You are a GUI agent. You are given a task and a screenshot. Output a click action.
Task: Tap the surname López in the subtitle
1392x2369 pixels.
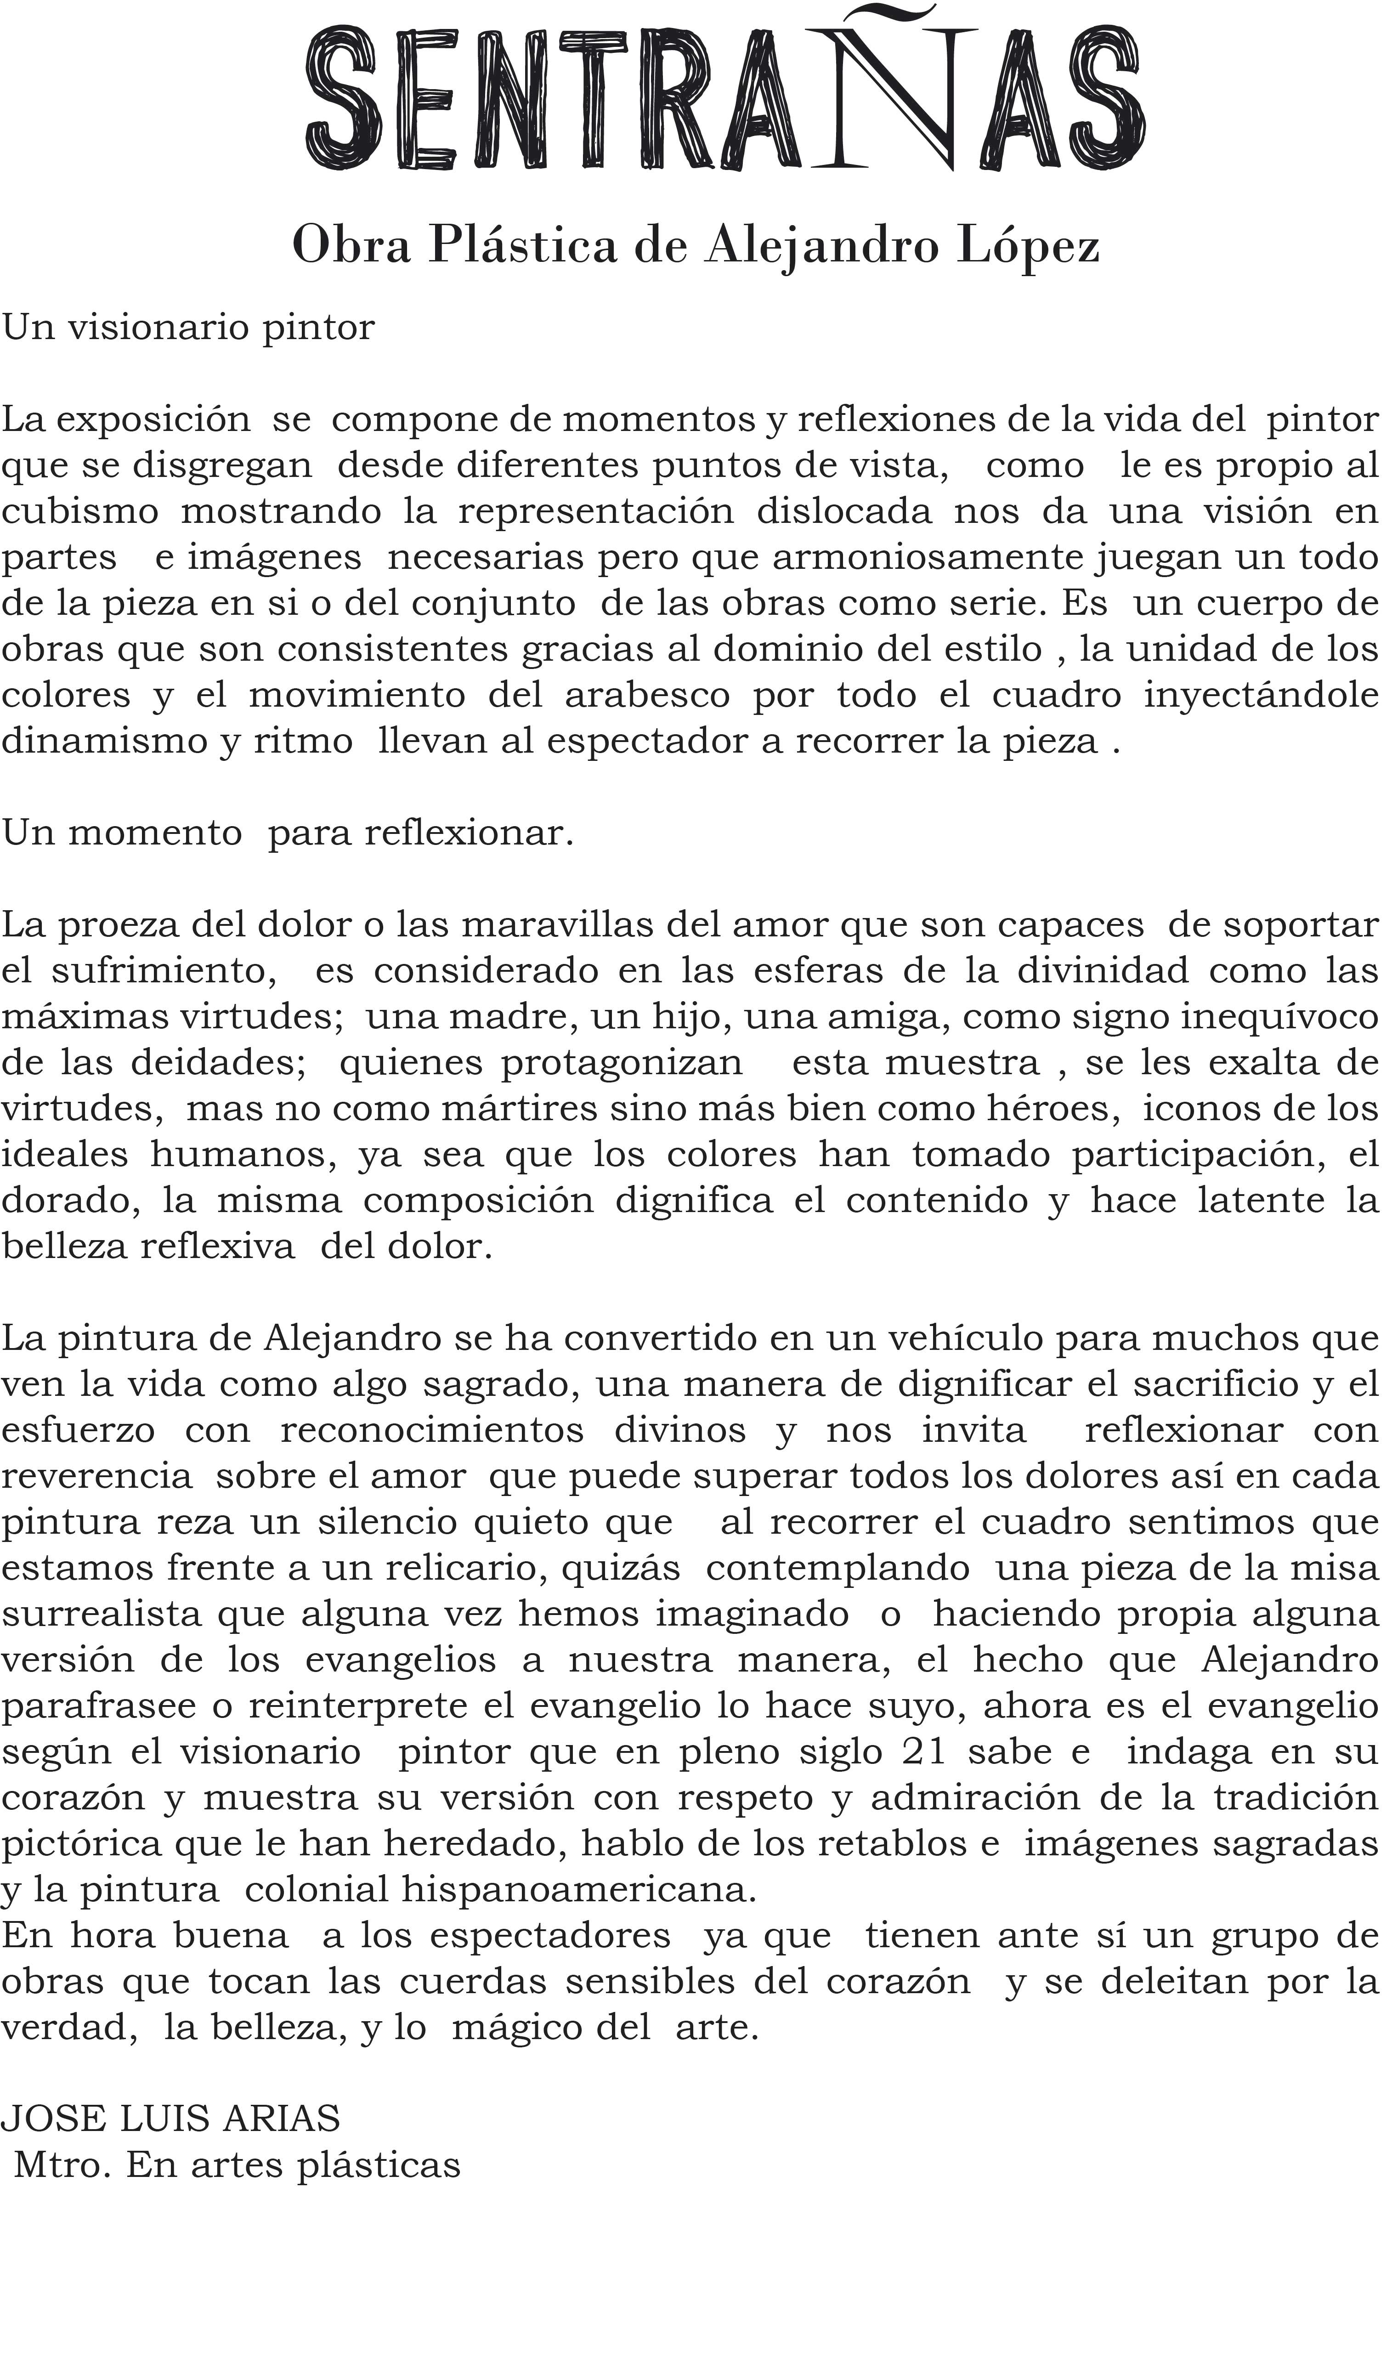[1027, 246]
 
